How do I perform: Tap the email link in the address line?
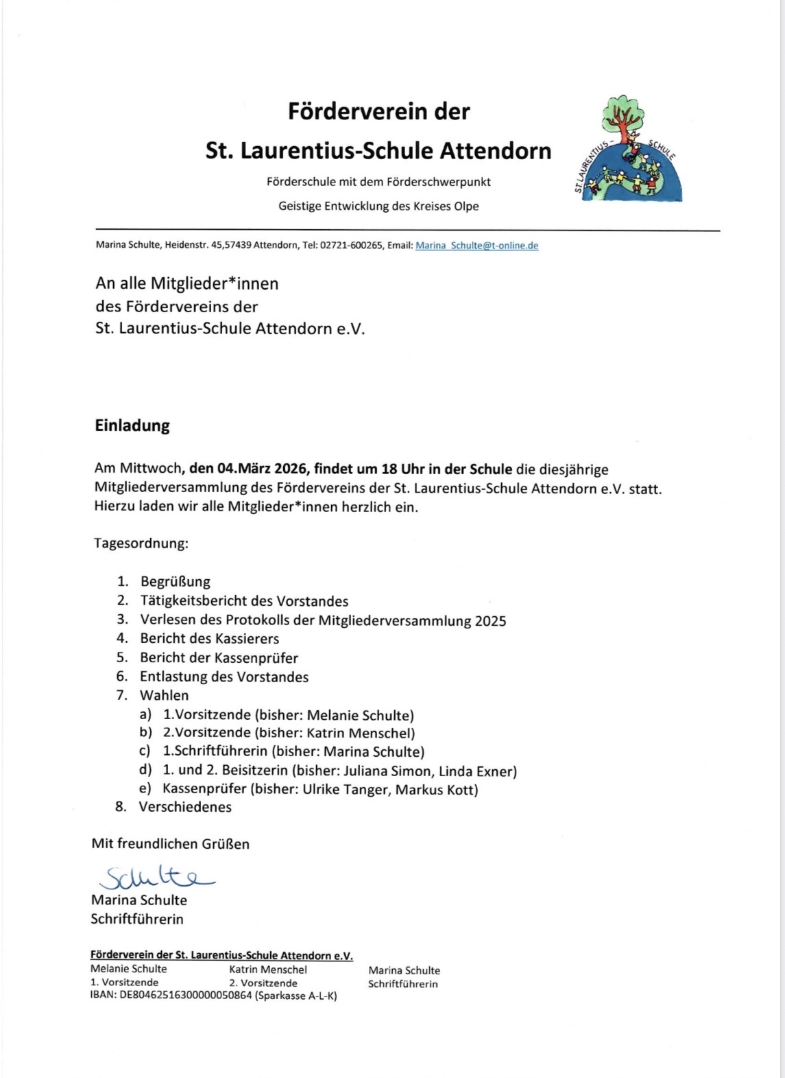(476, 246)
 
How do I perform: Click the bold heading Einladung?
(132, 425)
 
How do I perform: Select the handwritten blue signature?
(156, 876)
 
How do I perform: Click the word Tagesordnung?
(141, 543)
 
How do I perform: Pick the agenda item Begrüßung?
(176, 582)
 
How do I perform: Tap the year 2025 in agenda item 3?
(490, 621)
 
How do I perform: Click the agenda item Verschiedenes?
(185, 807)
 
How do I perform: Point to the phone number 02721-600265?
(351, 246)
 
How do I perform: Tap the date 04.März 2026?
(263, 470)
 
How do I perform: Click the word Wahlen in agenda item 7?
(165, 696)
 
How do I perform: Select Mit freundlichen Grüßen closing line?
(171, 844)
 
